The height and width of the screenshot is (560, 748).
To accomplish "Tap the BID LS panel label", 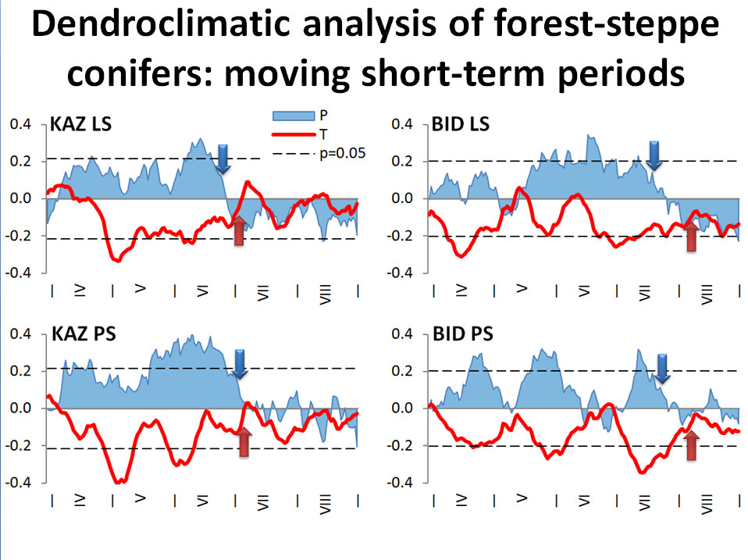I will coord(460,124).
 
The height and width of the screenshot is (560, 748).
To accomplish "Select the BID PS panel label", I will coord(461,335).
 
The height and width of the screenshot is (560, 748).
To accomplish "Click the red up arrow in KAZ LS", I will coord(240,231).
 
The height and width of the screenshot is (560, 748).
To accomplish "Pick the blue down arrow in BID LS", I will coord(655,155).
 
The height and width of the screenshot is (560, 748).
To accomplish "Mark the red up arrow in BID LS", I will coord(691,236).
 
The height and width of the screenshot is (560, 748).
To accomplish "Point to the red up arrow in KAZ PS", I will coord(244,441).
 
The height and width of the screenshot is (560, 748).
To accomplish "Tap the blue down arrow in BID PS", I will coord(662,369).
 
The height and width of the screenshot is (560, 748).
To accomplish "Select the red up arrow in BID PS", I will coord(690,445).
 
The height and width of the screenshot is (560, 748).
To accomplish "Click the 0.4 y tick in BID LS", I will coord(402,124).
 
